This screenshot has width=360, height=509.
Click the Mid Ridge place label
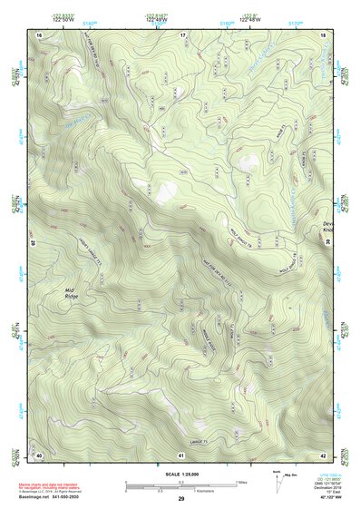click(73, 292)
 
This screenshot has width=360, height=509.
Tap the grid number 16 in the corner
click(40, 34)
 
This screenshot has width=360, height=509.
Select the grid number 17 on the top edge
click(181, 34)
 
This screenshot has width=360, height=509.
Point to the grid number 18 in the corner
click(324, 34)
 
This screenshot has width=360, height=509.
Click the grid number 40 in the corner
click(39, 454)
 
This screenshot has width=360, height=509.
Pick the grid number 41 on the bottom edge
click(181, 454)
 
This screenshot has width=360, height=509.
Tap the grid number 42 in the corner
click(324, 454)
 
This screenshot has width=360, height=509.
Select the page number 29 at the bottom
click(181, 500)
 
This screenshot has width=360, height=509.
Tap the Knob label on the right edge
click(328, 230)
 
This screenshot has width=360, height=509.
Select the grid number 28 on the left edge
click(34, 243)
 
